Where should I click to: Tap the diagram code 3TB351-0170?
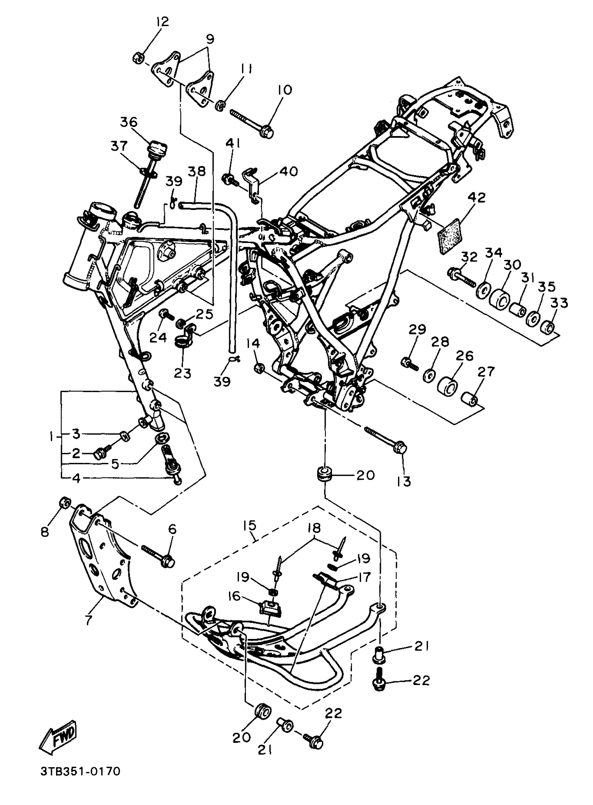click(81, 771)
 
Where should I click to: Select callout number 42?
click(477, 198)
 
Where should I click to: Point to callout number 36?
click(128, 122)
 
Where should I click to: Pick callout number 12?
click(162, 22)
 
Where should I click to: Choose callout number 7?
click(89, 620)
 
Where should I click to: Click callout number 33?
click(559, 302)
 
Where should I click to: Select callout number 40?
click(289, 171)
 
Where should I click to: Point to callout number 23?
click(182, 373)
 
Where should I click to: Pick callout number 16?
click(234, 596)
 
